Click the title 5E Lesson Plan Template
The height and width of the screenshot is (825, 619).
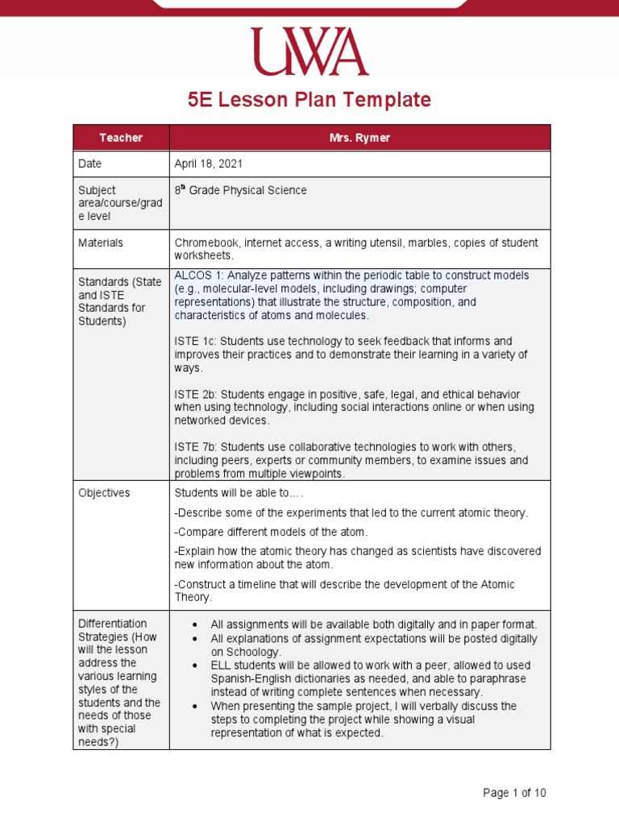click(309, 100)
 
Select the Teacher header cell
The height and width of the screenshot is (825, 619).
click(121, 138)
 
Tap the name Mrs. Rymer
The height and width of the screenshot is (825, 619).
click(359, 138)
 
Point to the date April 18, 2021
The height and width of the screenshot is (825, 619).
click(209, 164)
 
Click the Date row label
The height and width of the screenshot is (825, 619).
click(91, 164)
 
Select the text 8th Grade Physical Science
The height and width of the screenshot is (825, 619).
click(240, 191)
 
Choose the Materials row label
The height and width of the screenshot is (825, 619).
click(101, 243)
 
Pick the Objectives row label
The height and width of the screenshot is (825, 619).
click(104, 493)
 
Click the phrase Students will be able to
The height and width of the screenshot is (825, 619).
click(239, 493)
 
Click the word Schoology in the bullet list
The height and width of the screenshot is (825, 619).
click(252, 652)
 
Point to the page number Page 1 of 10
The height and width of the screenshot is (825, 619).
click(514, 793)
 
